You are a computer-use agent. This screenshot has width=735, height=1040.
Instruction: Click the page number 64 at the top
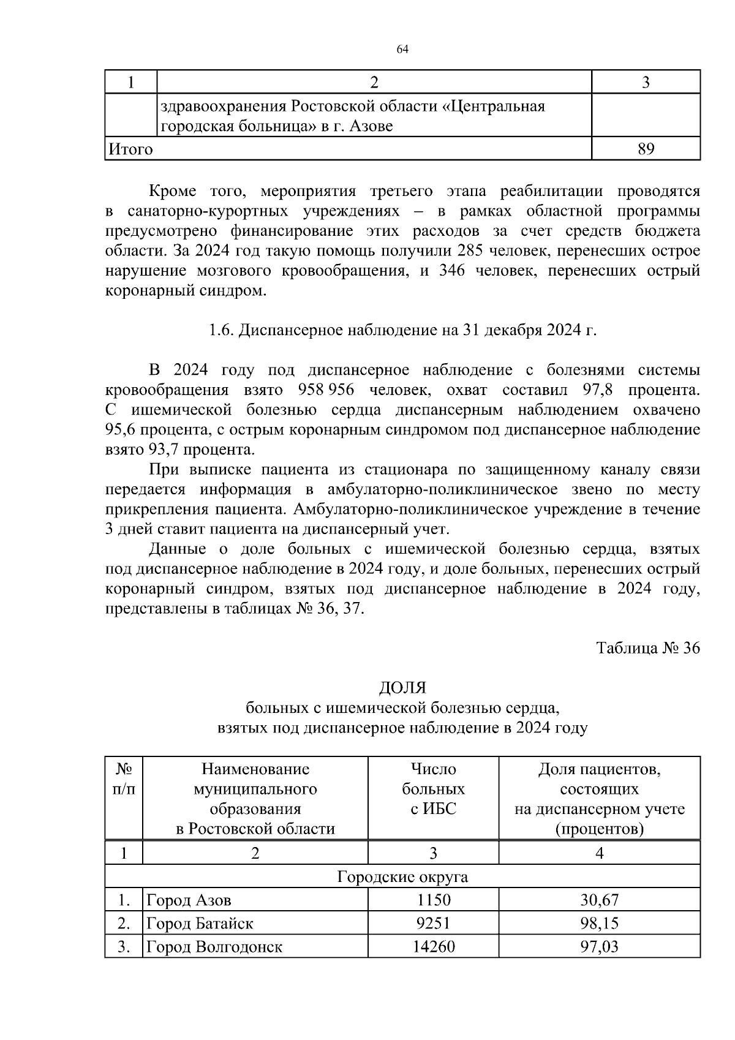point(402,50)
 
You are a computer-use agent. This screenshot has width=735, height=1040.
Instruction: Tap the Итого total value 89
point(646,149)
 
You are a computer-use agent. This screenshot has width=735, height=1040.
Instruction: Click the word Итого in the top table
point(130,149)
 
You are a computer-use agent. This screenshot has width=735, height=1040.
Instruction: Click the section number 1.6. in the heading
point(221,331)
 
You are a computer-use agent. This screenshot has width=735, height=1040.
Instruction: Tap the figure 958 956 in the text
point(326,390)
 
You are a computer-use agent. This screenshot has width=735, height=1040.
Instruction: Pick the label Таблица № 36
point(648,648)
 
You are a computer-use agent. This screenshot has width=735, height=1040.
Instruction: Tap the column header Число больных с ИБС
point(433,789)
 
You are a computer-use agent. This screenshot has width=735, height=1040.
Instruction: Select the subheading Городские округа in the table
point(402,876)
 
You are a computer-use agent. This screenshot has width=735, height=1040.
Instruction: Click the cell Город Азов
point(189,900)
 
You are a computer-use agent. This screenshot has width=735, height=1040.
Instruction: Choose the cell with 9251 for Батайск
point(433,923)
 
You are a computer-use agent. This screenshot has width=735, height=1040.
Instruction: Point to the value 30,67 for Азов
point(599,900)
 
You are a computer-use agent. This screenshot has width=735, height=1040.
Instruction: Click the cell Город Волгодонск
point(214,946)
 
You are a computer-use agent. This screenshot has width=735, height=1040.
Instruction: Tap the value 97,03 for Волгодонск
point(599,946)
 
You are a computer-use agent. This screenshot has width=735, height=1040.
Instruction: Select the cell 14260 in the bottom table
point(433,946)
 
